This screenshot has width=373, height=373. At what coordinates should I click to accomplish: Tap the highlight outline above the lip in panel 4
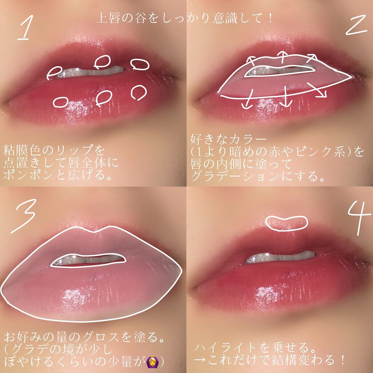coord(287,221)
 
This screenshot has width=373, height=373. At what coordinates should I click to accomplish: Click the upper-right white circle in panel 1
coord(140,64)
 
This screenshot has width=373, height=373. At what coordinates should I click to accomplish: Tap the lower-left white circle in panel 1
coord(61,102)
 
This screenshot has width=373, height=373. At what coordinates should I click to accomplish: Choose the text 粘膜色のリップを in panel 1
coord(54,150)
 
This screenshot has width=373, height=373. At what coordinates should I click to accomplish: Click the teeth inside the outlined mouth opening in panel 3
coord(87,260)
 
